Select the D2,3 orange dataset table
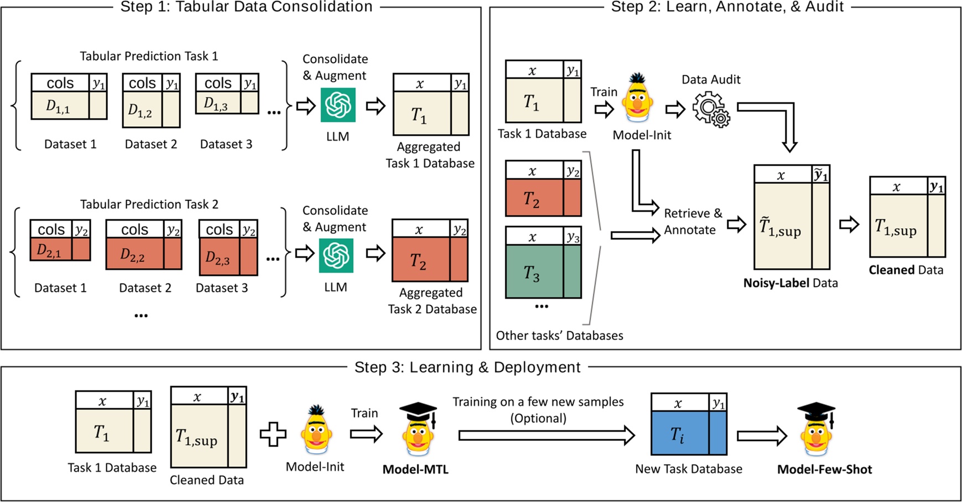228,248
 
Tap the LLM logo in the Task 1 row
338,105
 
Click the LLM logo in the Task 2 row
336,255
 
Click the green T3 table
543,263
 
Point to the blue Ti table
689,424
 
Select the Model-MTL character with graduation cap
418,429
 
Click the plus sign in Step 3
273,435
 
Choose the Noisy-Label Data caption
790,283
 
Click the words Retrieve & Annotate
692,222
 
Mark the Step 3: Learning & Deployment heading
467,367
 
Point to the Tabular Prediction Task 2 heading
149,204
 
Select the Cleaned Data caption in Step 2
906,270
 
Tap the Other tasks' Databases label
559,336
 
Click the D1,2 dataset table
151,100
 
